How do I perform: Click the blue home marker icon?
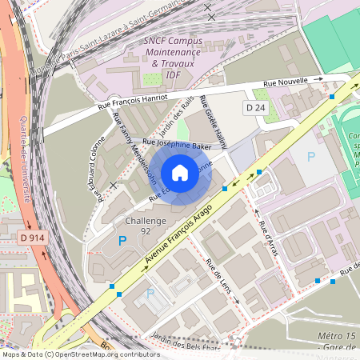point(180,173)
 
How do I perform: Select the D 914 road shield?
point(32,238)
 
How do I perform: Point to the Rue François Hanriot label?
point(132,101)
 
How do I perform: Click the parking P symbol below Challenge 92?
point(122,240)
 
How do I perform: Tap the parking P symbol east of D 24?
point(311,157)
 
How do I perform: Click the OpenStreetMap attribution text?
point(80,354)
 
